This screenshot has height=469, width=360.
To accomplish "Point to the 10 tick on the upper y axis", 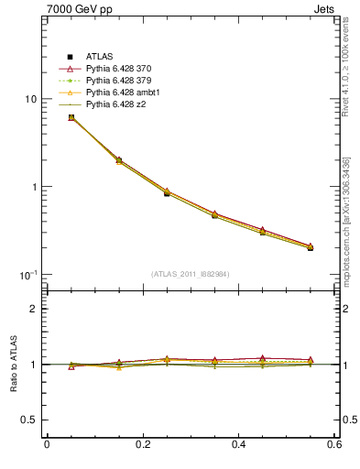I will tap(29, 99).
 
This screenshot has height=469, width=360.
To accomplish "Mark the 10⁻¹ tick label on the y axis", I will tap(27, 275).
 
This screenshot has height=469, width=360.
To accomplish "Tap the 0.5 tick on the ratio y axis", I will tap(27, 420).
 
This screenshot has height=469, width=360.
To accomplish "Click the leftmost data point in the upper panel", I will tap(71, 117).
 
